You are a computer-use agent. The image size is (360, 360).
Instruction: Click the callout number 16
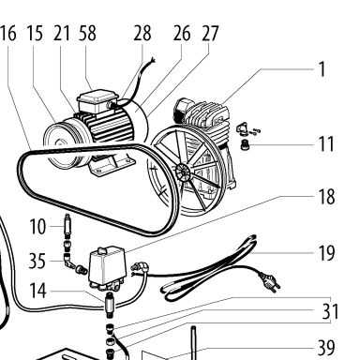tap(8, 33)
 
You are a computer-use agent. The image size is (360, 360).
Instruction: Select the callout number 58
tap(87, 33)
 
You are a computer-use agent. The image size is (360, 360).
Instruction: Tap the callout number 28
tap(142, 33)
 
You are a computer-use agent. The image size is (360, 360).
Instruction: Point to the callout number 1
tap(322, 69)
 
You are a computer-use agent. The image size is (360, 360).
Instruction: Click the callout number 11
tap(326, 144)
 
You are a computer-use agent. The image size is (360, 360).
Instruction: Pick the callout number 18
tap(326, 197)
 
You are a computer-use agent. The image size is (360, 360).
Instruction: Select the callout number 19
tap(326, 253)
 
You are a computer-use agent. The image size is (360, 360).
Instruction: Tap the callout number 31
tap(330, 311)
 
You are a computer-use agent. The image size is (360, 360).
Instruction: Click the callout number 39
tap(326, 348)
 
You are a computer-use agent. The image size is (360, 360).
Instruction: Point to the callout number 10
tap(37, 227)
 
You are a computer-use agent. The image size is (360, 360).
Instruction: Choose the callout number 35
tap(37, 261)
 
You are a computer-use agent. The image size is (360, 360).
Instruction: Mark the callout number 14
tap(37, 291)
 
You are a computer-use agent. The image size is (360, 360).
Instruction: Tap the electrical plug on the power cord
tap(269, 281)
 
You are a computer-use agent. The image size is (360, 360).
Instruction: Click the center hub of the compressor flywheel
tap(183, 172)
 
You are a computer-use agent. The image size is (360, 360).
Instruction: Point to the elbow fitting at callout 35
tap(68, 261)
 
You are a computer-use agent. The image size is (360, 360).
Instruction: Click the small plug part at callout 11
tap(246, 144)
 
